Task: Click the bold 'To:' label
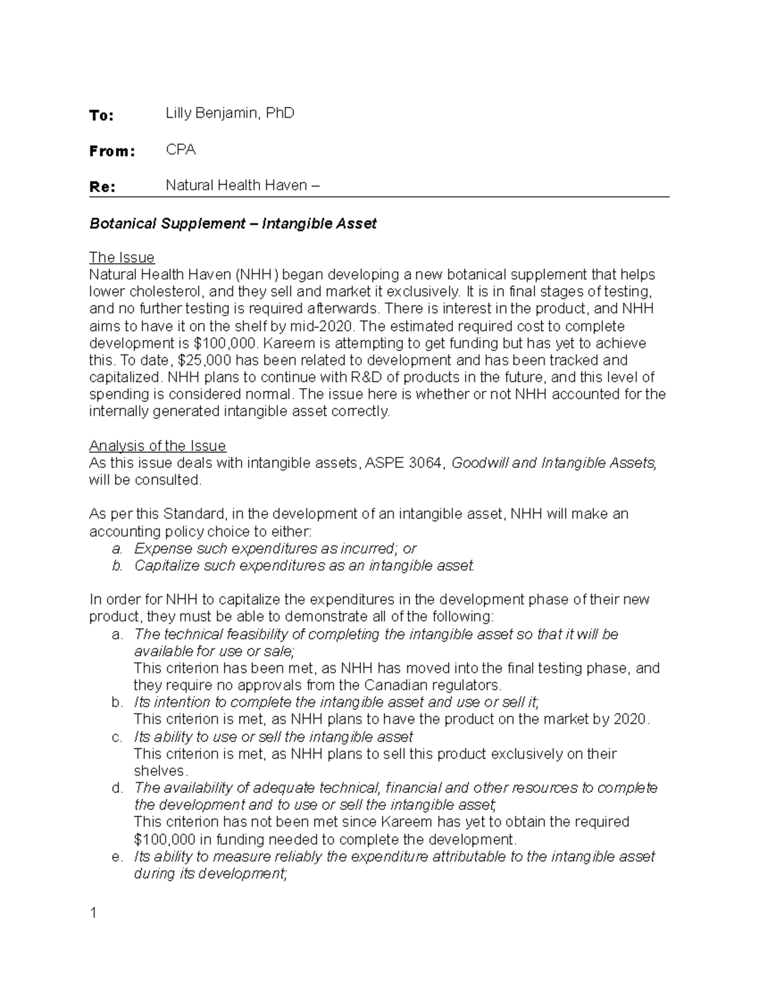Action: point(101,115)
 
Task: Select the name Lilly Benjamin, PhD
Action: point(230,114)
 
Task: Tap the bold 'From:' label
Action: point(112,151)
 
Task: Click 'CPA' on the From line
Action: point(181,150)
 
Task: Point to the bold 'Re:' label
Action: point(102,187)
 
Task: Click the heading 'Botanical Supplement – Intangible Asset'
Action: point(233,223)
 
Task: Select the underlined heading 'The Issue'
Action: point(121,257)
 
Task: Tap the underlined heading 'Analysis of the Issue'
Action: point(157,446)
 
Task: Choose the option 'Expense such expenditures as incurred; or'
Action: point(275,548)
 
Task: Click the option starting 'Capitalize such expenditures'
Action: point(304,565)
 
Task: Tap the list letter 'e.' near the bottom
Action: point(117,857)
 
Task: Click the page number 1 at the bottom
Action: point(93,913)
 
